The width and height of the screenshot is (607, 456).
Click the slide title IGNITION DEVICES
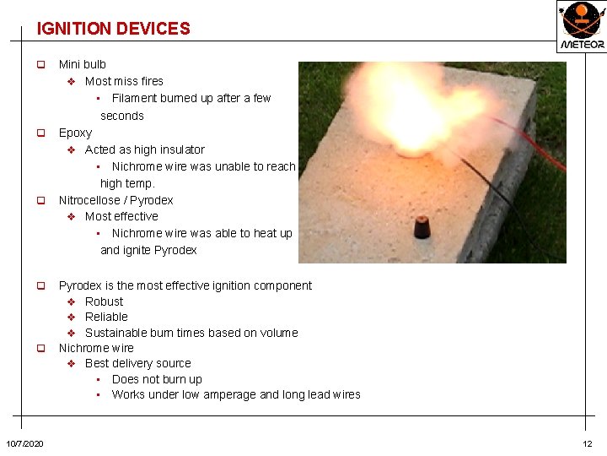113,29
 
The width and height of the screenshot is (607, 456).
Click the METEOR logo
581,25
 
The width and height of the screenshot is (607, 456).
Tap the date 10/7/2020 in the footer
25,444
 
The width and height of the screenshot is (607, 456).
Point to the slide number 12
587,444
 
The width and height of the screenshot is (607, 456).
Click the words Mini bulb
82,64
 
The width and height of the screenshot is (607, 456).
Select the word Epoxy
75,133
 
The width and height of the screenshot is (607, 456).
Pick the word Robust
104,301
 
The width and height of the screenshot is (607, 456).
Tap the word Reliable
106,317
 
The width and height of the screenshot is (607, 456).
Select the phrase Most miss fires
124,81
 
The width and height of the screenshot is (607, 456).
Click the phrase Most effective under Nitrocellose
121,216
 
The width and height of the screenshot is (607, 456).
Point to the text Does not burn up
157,379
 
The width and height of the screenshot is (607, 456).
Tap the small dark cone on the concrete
422,226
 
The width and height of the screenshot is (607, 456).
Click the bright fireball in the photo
405,110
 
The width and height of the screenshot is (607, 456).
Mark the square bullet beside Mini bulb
39,65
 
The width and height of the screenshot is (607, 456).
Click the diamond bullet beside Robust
72,301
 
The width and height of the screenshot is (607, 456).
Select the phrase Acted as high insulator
144,149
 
